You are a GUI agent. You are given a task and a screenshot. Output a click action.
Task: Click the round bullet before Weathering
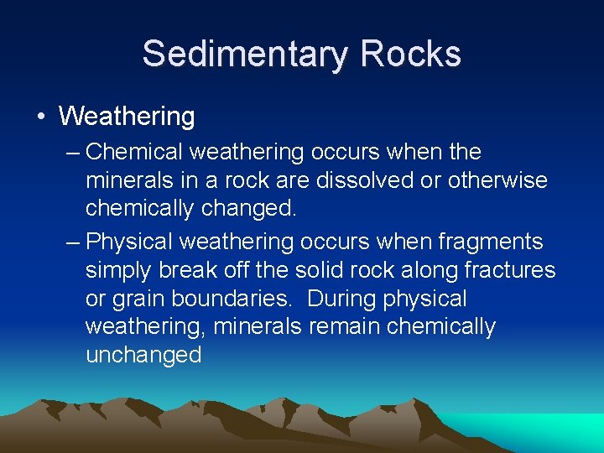41,116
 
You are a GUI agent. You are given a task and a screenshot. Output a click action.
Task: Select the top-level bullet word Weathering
127,117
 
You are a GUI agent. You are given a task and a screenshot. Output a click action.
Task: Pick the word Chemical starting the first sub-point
134,153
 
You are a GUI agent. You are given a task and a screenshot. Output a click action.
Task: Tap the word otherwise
498,180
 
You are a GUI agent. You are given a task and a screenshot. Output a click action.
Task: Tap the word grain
138,299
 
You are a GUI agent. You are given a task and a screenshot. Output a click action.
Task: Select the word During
342,299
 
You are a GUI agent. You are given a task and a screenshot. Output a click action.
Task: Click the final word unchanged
143,356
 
